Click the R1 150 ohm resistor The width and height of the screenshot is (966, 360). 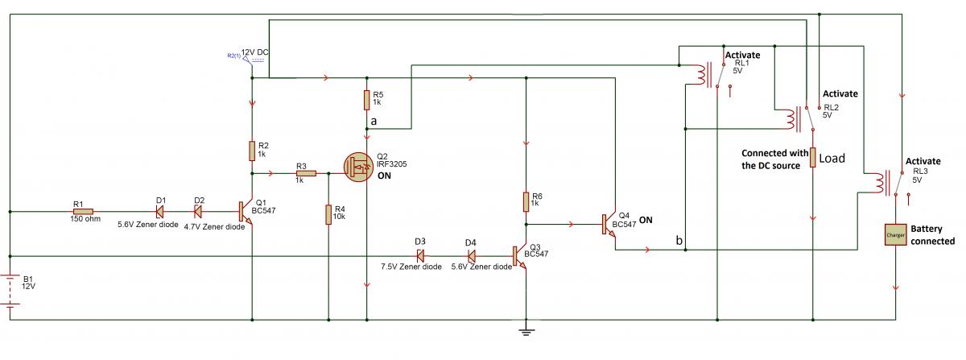[83, 212]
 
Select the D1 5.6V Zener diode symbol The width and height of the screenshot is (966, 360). [159, 212]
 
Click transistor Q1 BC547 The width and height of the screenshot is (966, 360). [246, 212]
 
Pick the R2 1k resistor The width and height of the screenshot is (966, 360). [252, 151]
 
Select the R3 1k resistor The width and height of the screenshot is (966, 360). [305, 173]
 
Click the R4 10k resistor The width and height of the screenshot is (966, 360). [328, 214]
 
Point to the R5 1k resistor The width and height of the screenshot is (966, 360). [366, 99]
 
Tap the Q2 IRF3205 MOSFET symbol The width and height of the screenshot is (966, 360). [360, 168]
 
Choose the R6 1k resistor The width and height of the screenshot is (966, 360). [525, 201]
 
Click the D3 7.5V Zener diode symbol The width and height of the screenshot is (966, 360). [419, 255]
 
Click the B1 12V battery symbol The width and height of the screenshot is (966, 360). [10, 290]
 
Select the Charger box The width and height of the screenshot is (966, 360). [895, 235]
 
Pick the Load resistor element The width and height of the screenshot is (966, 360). [812, 157]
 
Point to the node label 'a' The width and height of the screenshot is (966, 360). [372, 121]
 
